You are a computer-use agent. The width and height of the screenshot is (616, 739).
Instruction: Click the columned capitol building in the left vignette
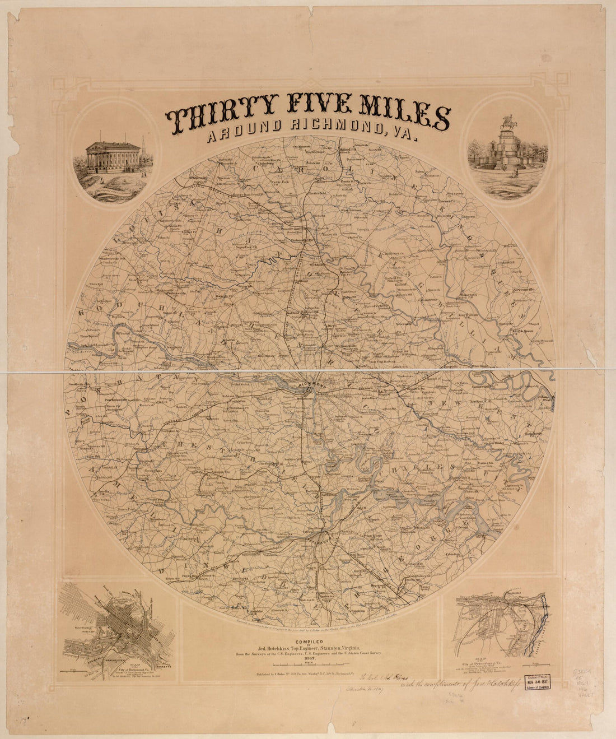(112, 157)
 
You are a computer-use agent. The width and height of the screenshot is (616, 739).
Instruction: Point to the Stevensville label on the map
(521, 289)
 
